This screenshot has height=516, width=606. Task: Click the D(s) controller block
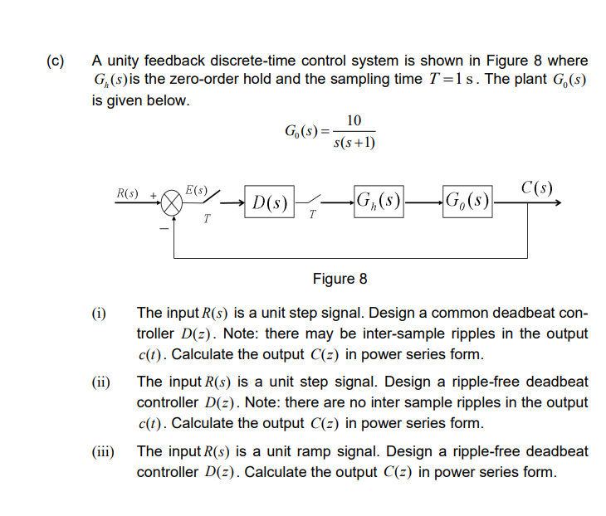pyautogui.click(x=270, y=202)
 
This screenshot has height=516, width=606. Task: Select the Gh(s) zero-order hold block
pyautogui.click(x=378, y=201)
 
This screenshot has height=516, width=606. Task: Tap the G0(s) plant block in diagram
pyautogui.click(x=467, y=201)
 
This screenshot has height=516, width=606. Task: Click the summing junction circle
pyautogui.click(x=172, y=202)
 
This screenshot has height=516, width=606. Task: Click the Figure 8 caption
pyautogui.click(x=340, y=278)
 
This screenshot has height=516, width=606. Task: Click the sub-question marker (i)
pyautogui.click(x=99, y=314)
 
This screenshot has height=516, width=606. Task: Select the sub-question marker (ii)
pyautogui.click(x=101, y=383)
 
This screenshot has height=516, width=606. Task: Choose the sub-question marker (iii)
pyautogui.click(x=104, y=452)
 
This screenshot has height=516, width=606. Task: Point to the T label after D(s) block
pyautogui.click(x=311, y=217)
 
